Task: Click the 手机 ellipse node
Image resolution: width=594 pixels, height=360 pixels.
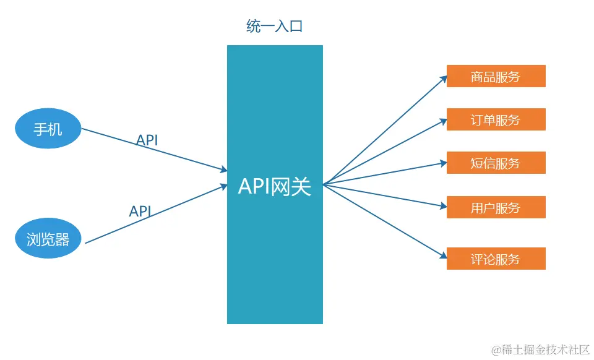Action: (48, 129)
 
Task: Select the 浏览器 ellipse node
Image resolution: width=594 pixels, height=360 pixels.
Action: (48, 239)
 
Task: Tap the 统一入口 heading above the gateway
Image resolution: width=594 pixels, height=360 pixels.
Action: (274, 27)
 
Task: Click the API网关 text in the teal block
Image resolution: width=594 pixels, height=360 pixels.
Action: (274, 186)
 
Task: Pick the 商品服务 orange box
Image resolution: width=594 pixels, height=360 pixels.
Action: (496, 76)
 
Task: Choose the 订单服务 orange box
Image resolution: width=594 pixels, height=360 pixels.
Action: (496, 119)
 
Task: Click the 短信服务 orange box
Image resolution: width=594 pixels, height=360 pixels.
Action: (496, 163)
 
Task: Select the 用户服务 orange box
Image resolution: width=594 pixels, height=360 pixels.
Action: (496, 207)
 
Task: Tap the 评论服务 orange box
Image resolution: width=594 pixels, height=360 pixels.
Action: (496, 259)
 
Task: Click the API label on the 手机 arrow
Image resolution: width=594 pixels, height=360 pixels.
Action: (147, 140)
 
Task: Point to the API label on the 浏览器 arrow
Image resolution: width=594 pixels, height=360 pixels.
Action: (140, 211)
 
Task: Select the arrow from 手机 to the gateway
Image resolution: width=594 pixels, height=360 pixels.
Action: (155, 150)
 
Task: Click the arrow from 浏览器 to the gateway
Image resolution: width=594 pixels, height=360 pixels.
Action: (155, 214)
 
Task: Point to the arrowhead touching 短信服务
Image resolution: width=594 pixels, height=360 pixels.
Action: (443, 163)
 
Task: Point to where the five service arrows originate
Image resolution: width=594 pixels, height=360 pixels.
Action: (324, 184)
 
